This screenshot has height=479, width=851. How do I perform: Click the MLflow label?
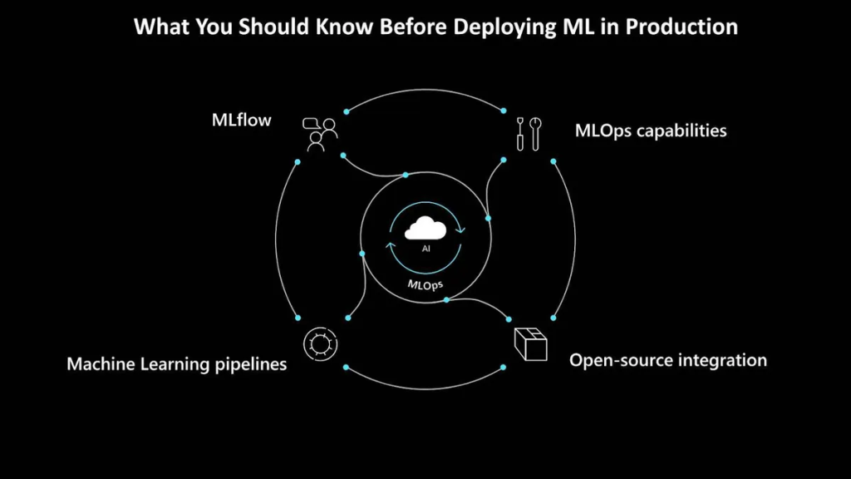coord(242,120)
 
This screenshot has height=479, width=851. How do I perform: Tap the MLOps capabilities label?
coord(651,131)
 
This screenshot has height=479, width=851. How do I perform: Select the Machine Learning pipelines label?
coord(176,364)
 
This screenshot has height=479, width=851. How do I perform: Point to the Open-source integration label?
coord(668,360)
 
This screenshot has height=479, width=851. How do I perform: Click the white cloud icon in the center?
coord(425,228)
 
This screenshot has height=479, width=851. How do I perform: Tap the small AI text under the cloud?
coord(426,249)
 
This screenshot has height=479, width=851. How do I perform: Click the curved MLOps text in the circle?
coord(425,285)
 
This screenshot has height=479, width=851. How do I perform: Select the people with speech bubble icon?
coord(320,134)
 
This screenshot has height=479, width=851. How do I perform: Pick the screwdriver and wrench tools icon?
coord(529,134)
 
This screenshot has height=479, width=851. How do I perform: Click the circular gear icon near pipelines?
coord(320,343)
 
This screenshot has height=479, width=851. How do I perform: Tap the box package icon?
coord(530,343)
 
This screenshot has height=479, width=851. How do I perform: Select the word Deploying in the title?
coord(505,27)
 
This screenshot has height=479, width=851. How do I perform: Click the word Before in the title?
coord(413,27)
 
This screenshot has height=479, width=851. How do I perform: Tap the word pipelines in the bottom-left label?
coord(251,364)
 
